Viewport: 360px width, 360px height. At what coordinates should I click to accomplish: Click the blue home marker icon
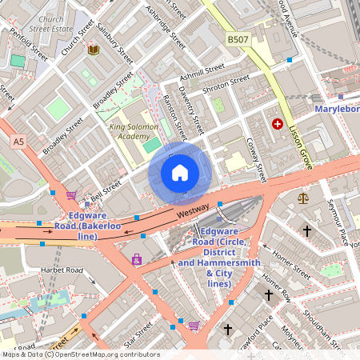click(x=180, y=173)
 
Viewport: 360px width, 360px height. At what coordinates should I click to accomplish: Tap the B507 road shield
click(x=238, y=38)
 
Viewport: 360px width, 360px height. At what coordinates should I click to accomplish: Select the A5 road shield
click(x=18, y=142)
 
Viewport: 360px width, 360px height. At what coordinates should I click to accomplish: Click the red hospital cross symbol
click(x=278, y=124)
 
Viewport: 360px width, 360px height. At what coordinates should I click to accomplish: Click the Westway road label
click(x=193, y=210)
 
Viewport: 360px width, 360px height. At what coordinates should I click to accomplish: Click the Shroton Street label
click(x=226, y=83)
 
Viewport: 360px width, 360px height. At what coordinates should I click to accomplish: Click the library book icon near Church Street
click(x=93, y=50)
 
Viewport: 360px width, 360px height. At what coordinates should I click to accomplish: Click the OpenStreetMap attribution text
click(x=80, y=354)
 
